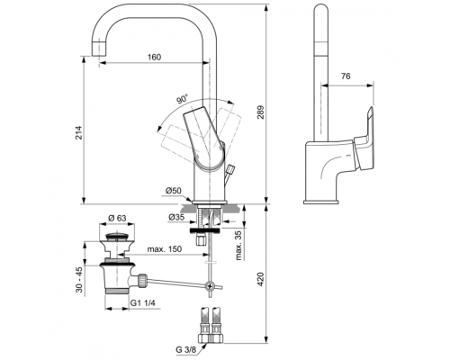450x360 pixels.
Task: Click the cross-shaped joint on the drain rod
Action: [209, 287]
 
